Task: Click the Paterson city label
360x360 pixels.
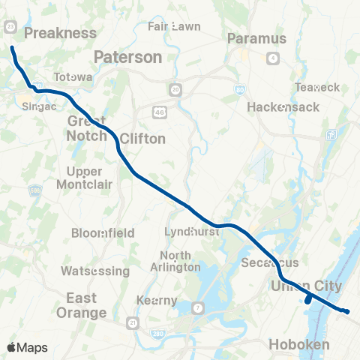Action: point(127,57)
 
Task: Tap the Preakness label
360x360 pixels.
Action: point(60,33)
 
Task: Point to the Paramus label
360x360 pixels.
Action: point(256,38)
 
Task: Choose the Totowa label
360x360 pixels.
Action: point(73,77)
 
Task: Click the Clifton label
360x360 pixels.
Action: point(142,139)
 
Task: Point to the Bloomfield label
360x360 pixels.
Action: point(103,232)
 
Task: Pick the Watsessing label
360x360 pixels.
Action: point(95,269)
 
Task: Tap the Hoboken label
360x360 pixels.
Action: point(299,344)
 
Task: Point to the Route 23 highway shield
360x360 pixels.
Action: point(10,25)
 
